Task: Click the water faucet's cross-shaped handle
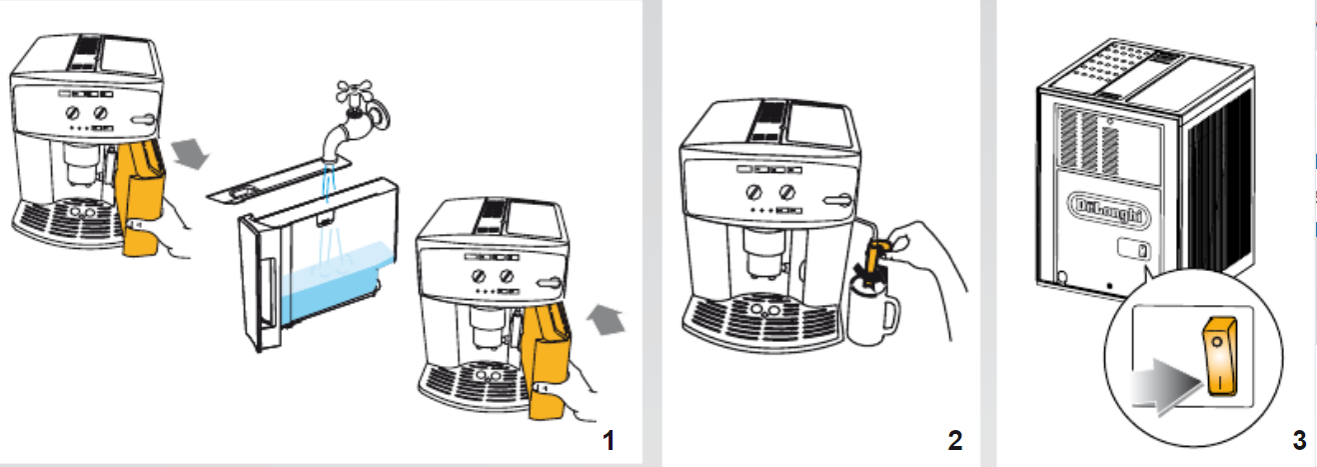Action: pos(355,94)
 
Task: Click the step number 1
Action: pos(609,441)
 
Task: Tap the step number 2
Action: pos(955,441)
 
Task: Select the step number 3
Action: pos(1299,440)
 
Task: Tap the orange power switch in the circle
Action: pos(1219,356)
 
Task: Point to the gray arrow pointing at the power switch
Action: pos(1166,385)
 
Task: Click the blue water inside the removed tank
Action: pos(335,285)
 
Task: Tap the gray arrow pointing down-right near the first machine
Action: pos(191,153)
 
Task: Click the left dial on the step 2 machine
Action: pos(753,192)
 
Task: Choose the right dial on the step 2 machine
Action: pos(787,192)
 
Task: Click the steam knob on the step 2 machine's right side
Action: pos(837,201)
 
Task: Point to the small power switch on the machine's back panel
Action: pos(1133,249)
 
